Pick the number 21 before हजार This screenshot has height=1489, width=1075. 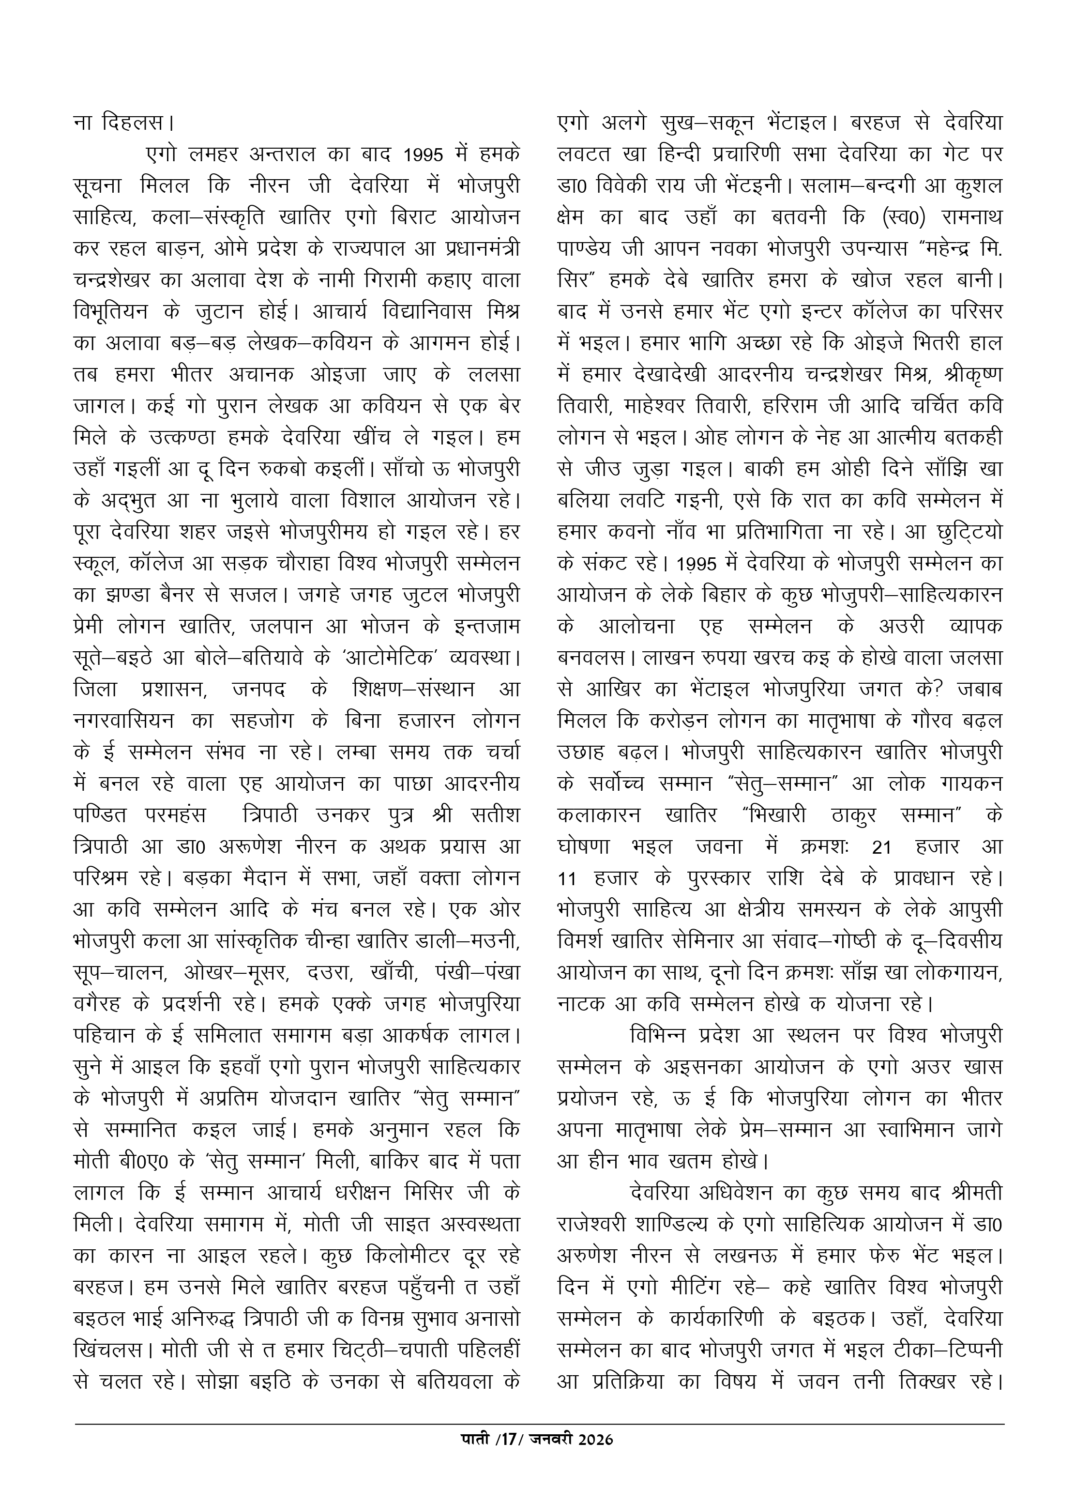(x=881, y=847)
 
